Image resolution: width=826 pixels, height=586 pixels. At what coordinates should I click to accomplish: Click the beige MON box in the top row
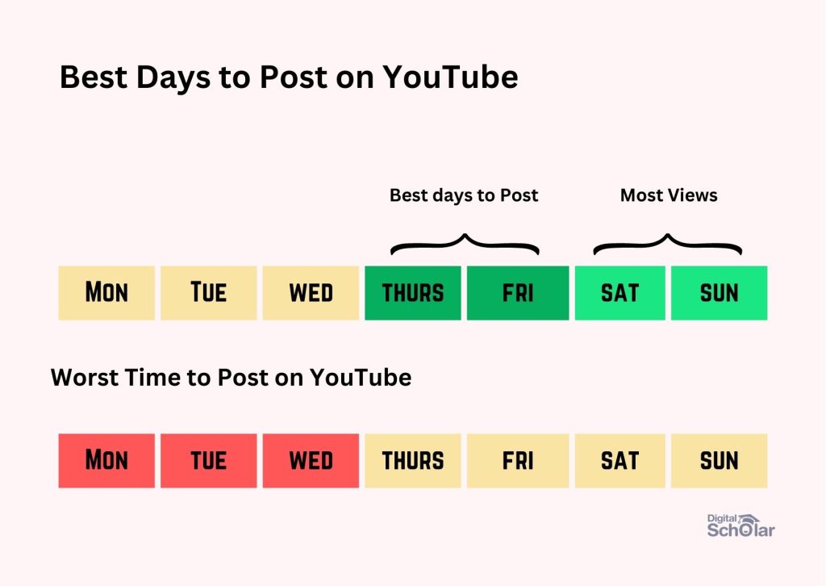coord(106,293)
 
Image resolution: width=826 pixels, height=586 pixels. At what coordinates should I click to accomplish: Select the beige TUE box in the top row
coord(209,293)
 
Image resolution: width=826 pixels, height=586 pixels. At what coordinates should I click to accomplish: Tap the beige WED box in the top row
coord(311,293)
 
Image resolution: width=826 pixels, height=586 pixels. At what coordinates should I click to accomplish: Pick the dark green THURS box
coord(413,293)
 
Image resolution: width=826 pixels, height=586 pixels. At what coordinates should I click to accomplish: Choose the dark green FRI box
coord(518,293)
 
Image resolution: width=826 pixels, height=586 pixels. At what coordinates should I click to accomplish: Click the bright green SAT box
coord(620,293)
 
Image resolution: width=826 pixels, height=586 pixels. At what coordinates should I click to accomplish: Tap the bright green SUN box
coord(719,293)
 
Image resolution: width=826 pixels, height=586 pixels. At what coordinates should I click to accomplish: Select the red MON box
coord(106,461)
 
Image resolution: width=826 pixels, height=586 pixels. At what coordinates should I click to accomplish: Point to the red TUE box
coord(209,461)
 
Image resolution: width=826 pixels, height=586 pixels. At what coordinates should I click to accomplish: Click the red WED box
coord(311,461)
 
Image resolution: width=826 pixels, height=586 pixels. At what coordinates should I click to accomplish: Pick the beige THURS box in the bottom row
coord(413,461)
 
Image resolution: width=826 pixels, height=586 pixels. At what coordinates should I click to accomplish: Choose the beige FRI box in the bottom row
coord(518,461)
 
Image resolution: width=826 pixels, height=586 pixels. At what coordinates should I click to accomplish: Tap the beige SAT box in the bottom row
coord(620,461)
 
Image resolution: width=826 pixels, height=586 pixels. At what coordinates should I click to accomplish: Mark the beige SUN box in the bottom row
coord(719,461)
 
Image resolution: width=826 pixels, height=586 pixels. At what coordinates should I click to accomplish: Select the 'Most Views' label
coord(669,195)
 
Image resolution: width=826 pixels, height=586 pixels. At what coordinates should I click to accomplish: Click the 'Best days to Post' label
coord(464,195)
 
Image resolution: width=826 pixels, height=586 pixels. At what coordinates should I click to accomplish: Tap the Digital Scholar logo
coord(740,526)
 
